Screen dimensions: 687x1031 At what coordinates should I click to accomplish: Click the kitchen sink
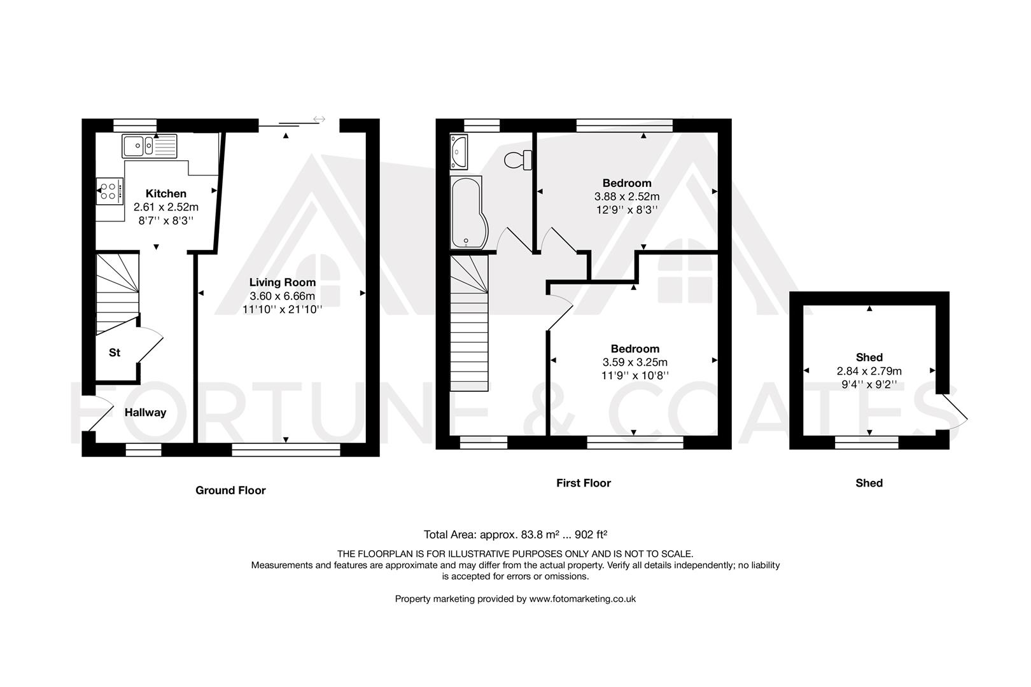150,146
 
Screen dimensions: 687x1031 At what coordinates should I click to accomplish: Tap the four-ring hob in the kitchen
109,191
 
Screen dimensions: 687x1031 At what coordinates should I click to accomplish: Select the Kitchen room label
166,193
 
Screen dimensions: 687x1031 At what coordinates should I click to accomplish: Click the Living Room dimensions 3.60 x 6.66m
282,296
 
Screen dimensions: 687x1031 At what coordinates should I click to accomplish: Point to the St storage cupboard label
115,352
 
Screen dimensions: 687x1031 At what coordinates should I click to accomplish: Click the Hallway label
145,412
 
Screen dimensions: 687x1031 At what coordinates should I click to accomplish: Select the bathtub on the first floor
467,213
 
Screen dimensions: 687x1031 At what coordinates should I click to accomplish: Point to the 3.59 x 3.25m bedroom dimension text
635,362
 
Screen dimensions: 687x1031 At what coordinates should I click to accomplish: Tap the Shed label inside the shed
869,357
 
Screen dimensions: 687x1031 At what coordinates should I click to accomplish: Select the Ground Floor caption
230,490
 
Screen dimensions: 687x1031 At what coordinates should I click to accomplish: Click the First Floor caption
583,483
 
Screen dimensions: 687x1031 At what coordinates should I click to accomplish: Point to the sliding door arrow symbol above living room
319,119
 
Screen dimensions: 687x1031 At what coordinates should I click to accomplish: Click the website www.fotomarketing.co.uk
582,599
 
